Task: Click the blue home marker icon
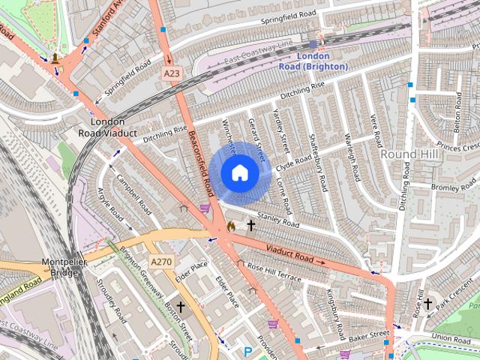click(239, 173)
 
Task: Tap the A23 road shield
click(171, 73)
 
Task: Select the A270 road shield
click(161, 262)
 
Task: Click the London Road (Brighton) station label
click(313, 61)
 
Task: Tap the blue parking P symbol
click(248, 350)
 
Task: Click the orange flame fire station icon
click(231, 225)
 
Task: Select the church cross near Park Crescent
click(427, 304)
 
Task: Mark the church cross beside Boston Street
click(181, 307)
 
